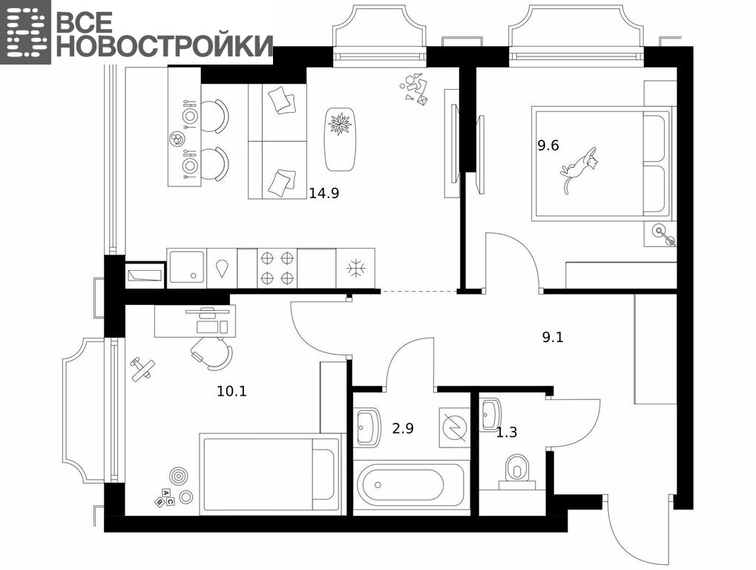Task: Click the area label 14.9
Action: [324, 194]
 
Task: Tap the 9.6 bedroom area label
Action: [548, 145]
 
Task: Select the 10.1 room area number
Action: [232, 391]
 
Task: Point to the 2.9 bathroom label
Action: [403, 428]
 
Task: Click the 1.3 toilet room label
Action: [507, 433]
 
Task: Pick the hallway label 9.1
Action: [553, 337]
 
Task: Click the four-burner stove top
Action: [277, 268]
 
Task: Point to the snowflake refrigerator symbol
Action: [357, 268]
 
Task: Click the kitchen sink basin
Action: [186, 268]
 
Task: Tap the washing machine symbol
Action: [454, 427]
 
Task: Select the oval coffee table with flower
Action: [341, 139]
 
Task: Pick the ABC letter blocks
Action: [165, 498]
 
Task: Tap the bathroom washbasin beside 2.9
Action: [367, 427]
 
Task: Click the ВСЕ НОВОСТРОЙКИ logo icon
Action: [25, 33]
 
